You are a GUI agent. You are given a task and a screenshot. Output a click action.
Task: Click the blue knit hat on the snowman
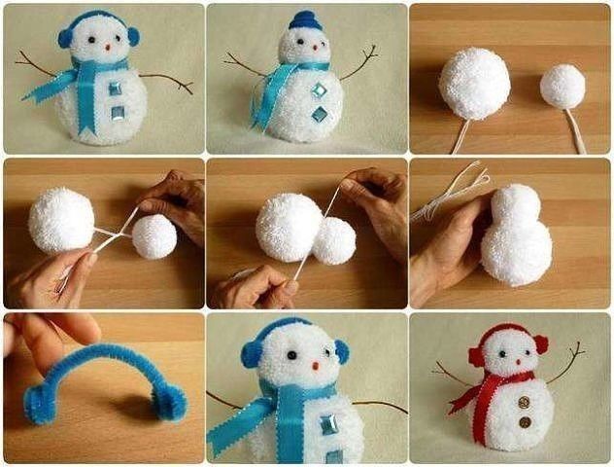pyautogui.click(x=304, y=20)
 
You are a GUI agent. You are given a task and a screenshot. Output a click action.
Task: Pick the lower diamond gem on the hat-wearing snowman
pyautogui.click(x=319, y=115)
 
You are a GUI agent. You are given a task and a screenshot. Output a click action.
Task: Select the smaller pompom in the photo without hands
pyautogui.click(x=563, y=86)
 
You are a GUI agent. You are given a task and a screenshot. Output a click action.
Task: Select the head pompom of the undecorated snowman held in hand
pyautogui.click(x=514, y=206)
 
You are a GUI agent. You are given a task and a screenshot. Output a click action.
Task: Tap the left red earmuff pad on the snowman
pyautogui.click(x=476, y=356)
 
